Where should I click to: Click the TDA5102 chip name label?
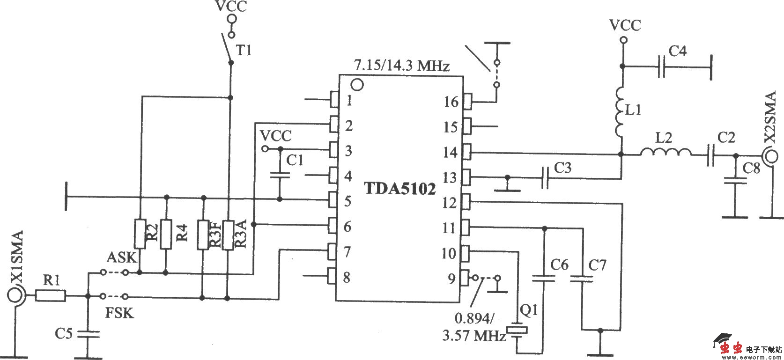(x=400, y=188)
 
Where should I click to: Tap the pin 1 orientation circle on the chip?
(x=357, y=85)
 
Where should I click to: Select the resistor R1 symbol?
(x=50, y=296)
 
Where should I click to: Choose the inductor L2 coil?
(x=665, y=153)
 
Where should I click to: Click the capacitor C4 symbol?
(x=661, y=67)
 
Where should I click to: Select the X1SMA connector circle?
(x=15, y=296)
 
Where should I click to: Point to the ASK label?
(x=121, y=257)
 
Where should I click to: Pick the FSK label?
(x=119, y=312)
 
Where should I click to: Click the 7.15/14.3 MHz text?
(x=402, y=66)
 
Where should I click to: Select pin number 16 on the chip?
(x=451, y=101)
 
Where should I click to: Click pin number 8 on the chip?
(x=347, y=277)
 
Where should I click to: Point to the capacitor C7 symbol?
(x=581, y=279)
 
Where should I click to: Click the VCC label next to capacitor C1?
(x=276, y=136)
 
